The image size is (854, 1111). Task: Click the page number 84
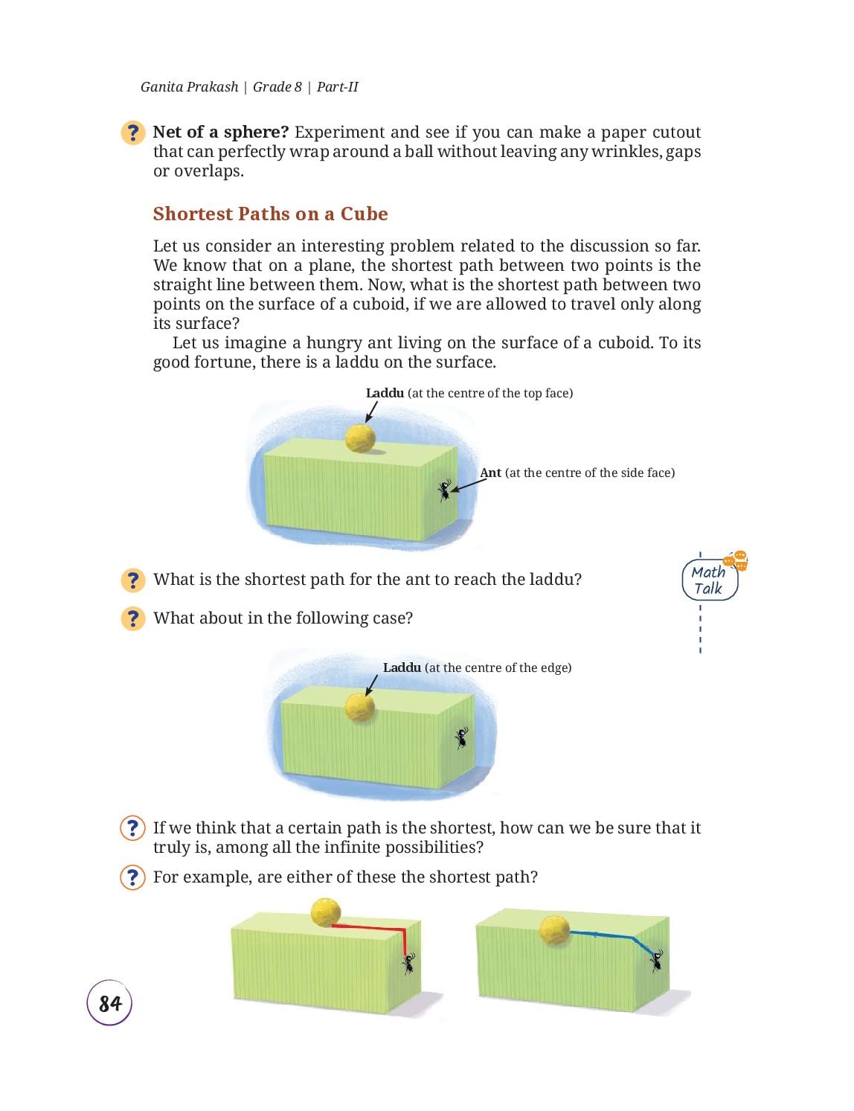pyautogui.click(x=110, y=1004)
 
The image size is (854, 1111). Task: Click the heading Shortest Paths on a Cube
pyautogui.click(x=270, y=214)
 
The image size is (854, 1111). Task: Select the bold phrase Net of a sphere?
pyautogui.click(x=221, y=132)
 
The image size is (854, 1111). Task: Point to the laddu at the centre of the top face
pyautogui.click(x=360, y=438)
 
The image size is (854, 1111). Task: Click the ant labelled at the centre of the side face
pyautogui.click(x=445, y=490)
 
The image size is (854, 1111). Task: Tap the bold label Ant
pyautogui.click(x=490, y=473)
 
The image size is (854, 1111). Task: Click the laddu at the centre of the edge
pyautogui.click(x=360, y=708)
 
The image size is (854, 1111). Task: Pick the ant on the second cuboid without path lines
pyautogui.click(x=461, y=737)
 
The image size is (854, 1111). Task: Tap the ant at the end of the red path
pyautogui.click(x=409, y=964)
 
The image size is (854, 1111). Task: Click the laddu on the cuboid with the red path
pyautogui.click(x=326, y=912)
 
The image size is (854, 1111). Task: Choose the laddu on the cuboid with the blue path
pyautogui.click(x=554, y=930)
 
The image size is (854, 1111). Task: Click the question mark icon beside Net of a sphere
pyautogui.click(x=133, y=132)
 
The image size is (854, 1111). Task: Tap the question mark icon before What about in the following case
pyautogui.click(x=133, y=618)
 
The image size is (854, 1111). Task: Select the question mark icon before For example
pyautogui.click(x=133, y=877)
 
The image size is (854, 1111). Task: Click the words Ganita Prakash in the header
pyautogui.click(x=189, y=87)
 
